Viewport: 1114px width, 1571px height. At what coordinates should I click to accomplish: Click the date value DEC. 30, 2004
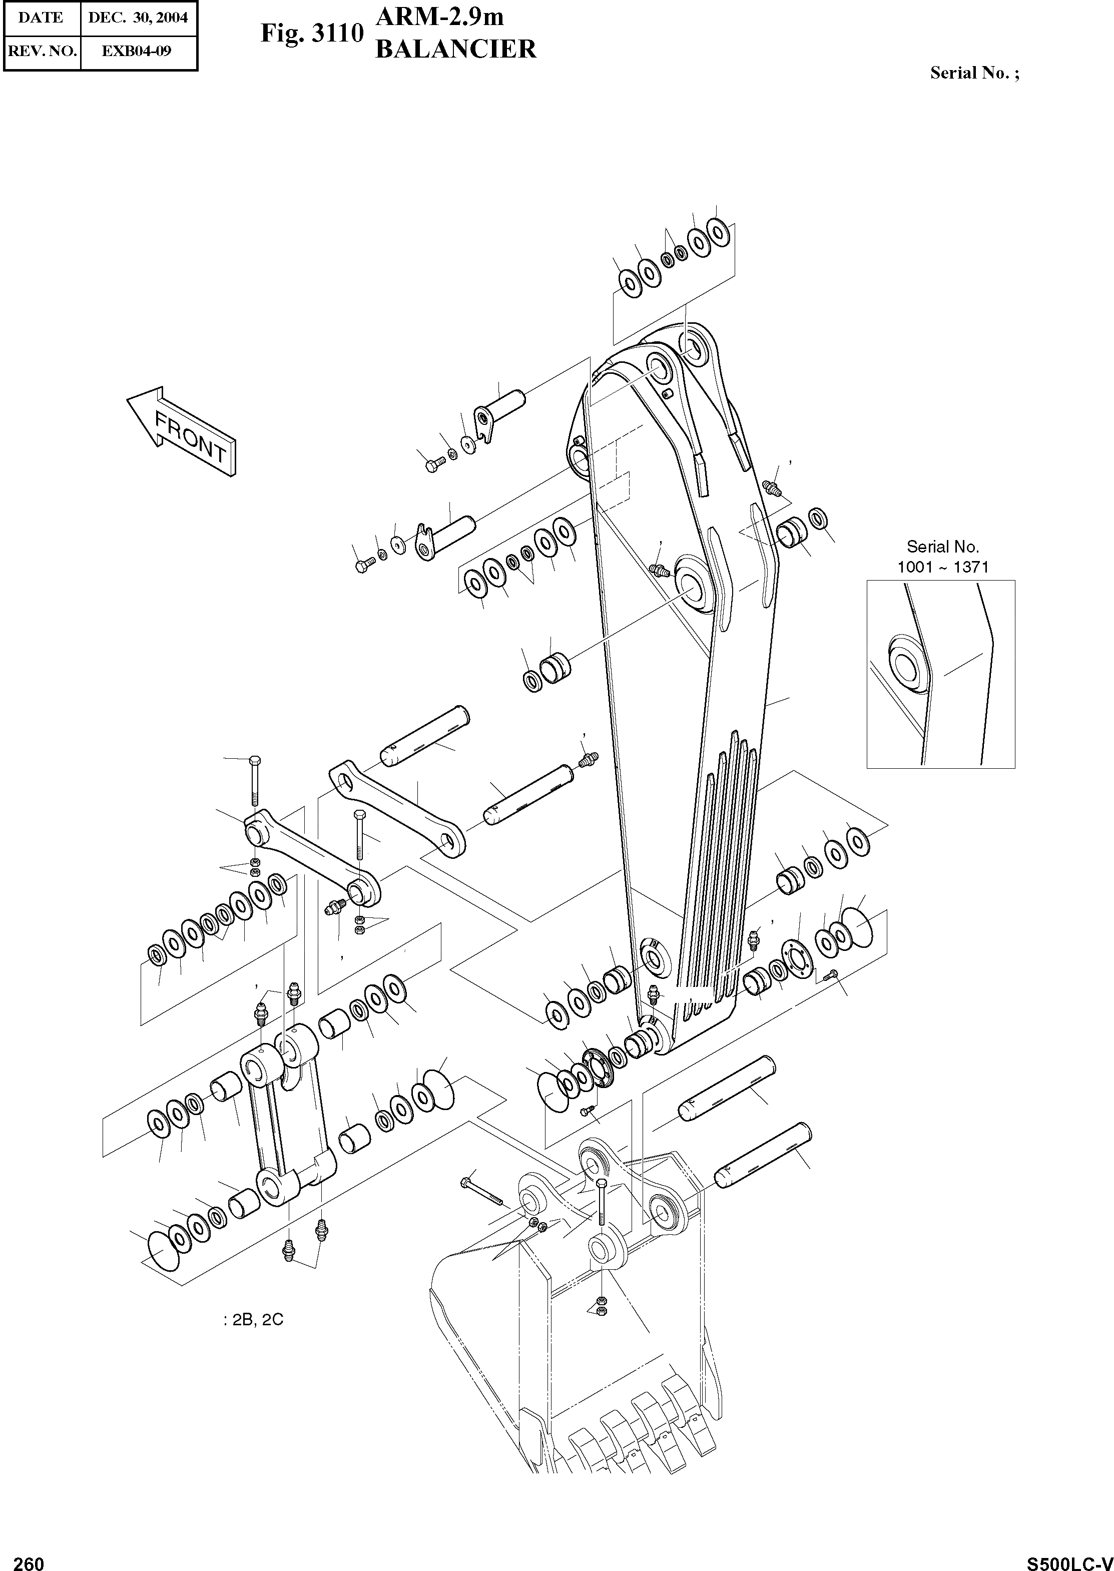pos(138,18)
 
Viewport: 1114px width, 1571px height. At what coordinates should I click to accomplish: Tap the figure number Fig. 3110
pos(310,34)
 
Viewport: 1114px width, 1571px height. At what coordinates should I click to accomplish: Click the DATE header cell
pos(41,18)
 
